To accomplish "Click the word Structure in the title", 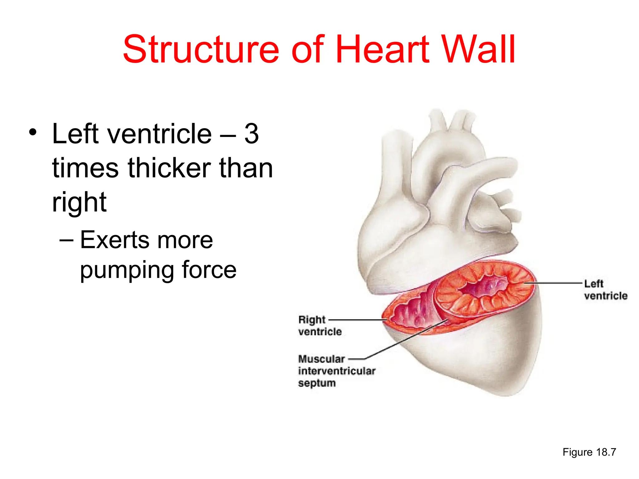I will pyautogui.click(x=201, y=50).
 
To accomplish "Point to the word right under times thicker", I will pyautogui.click(x=79, y=203).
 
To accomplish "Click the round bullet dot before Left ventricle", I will pyautogui.click(x=32, y=132).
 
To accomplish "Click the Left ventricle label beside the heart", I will pyautogui.click(x=605, y=290).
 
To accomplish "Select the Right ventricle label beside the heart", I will pyautogui.click(x=319, y=326).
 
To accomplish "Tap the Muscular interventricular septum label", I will pyautogui.click(x=336, y=371).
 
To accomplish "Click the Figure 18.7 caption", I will pyautogui.click(x=589, y=452).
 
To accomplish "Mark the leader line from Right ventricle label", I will pyautogui.click(x=356, y=320).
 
